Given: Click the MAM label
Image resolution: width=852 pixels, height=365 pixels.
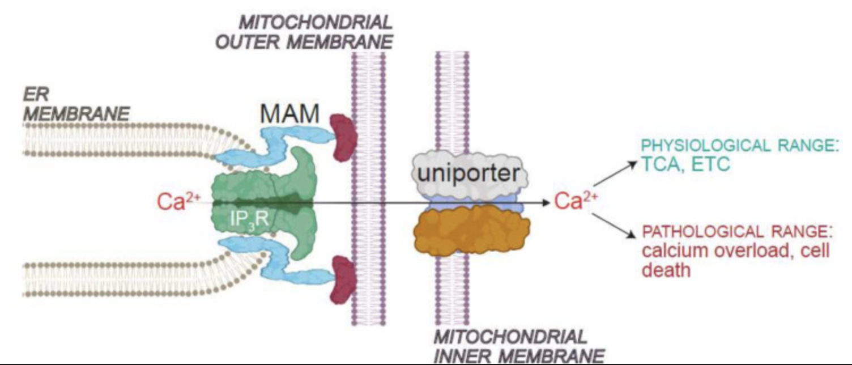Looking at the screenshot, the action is [x=290, y=113].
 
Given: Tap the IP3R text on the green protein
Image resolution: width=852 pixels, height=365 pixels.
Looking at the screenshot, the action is [x=249, y=218].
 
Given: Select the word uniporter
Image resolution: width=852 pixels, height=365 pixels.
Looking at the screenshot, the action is [x=468, y=174].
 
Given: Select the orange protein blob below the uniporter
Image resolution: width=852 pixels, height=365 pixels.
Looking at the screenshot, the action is [x=472, y=230].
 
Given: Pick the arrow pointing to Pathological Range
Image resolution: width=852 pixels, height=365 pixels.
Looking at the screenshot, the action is [x=614, y=227].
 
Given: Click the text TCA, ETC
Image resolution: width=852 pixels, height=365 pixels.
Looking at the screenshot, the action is [x=685, y=164].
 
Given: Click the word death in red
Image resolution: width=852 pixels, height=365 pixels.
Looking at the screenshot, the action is [x=666, y=270].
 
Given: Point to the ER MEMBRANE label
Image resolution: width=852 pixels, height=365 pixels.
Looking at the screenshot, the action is [x=76, y=104].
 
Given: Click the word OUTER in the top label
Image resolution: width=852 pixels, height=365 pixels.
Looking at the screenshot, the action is [x=248, y=42].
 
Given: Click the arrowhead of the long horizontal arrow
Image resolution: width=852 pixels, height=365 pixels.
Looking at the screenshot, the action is [x=547, y=202].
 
